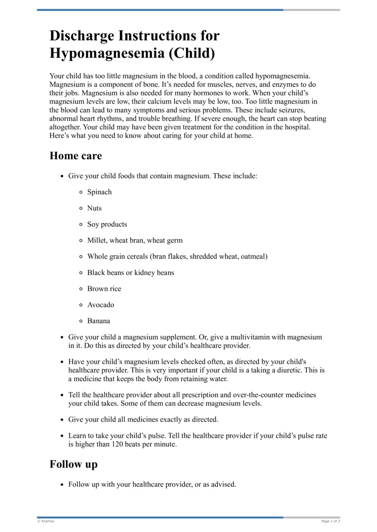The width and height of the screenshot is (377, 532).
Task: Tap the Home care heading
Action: pos(75,155)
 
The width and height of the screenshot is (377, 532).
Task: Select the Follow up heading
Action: pos(74,464)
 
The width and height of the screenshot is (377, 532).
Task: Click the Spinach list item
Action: pos(99,192)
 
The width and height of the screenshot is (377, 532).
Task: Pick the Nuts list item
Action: pos(94,208)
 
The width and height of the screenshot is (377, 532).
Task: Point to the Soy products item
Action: pos(107,224)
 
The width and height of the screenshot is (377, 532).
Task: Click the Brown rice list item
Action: pos(104,289)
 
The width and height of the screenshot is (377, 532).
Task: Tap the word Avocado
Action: pos(100,305)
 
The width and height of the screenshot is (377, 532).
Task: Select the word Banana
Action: pos(98,321)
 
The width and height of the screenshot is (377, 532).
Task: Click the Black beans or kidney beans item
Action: pos(131,273)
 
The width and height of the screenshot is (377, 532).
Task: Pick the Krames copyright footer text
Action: pos(46,521)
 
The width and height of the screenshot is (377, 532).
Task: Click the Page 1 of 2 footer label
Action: pos(330,521)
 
